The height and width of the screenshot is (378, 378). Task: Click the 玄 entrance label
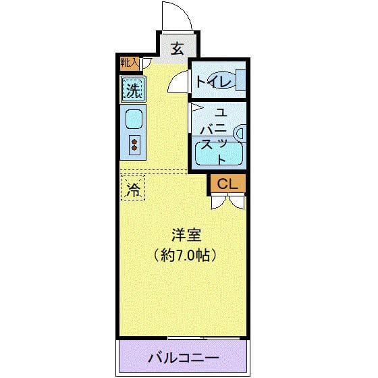(x=178, y=49)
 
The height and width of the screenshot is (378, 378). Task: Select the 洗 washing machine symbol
(x=133, y=88)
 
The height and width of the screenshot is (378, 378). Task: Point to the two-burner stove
(x=134, y=144)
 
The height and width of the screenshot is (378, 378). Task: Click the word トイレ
(x=213, y=82)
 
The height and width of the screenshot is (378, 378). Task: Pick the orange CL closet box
(x=226, y=182)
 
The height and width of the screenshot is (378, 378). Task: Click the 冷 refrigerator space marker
(x=134, y=189)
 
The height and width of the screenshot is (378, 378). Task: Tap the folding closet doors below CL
(x=227, y=201)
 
